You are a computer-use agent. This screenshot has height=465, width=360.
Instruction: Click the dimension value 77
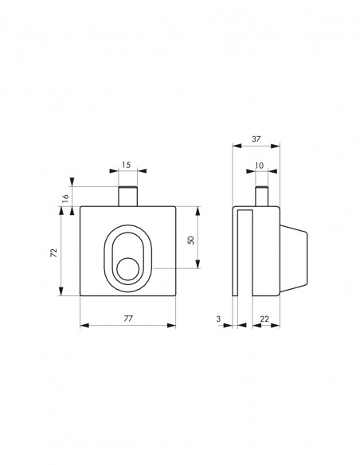point(128,318)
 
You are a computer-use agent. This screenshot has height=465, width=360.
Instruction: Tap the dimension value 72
point(53,252)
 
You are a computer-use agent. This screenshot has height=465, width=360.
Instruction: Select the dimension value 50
point(191,240)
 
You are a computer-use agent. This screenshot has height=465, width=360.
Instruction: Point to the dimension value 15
point(126,165)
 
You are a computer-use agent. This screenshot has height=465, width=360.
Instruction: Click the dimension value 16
point(65,197)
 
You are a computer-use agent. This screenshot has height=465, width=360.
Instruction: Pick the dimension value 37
point(256,139)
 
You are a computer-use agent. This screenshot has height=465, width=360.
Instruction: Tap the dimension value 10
point(259,166)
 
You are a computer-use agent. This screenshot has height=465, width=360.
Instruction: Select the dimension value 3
point(218,318)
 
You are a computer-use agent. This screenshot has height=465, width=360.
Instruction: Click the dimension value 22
point(264,318)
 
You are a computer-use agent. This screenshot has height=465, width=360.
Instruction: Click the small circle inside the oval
point(127,269)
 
